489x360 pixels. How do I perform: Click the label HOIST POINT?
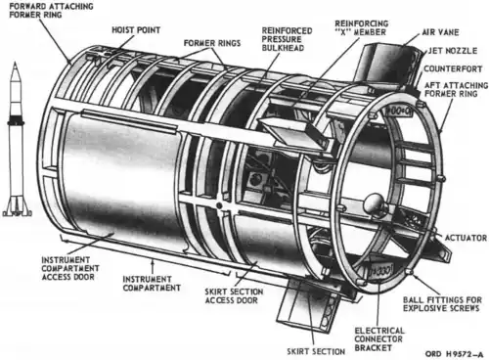(x=136, y=30)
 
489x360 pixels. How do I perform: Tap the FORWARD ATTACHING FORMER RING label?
(x=51, y=11)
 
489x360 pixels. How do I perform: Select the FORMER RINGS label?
(x=212, y=43)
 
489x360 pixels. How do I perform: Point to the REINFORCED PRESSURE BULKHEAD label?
(x=287, y=39)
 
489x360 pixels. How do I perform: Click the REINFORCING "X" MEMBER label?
(x=362, y=27)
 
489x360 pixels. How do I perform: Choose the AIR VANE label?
(x=440, y=32)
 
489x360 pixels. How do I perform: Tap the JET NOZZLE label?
(x=453, y=51)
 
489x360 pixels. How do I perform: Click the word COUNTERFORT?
(x=453, y=68)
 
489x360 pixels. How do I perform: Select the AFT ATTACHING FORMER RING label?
(x=456, y=89)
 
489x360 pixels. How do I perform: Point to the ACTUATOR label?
(x=466, y=238)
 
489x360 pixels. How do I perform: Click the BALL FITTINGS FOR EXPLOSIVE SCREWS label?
(x=442, y=304)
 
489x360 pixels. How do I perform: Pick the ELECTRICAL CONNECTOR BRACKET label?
(x=379, y=339)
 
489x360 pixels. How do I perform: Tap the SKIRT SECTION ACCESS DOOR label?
(x=234, y=295)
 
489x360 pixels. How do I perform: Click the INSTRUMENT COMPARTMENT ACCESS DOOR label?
(x=70, y=268)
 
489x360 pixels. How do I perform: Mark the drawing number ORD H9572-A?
(x=454, y=354)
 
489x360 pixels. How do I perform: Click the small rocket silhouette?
(x=16, y=139)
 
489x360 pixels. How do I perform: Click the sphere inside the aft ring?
(x=376, y=203)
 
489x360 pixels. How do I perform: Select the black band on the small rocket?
(x=16, y=119)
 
